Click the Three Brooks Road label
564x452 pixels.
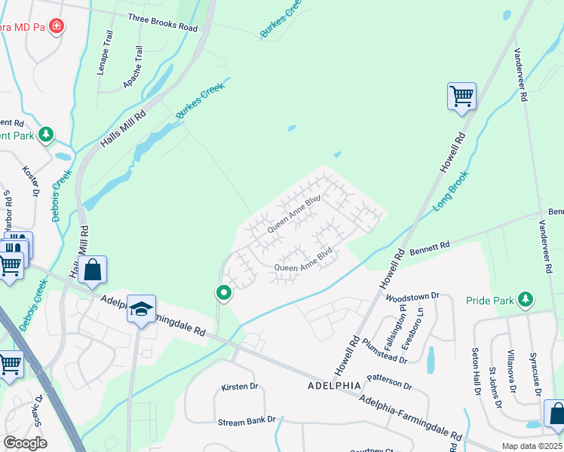click(162, 23)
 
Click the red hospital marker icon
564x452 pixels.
click(56, 27)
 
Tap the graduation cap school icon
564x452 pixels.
click(141, 309)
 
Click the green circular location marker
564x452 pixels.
click(223, 292)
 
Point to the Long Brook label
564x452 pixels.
click(452, 194)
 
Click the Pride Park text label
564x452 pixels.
click(489, 300)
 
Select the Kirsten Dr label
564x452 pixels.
click(240, 386)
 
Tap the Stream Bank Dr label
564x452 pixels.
click(247, 421)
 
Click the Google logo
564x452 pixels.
click(25, 442)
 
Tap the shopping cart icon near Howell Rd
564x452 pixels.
click(461, 96)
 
